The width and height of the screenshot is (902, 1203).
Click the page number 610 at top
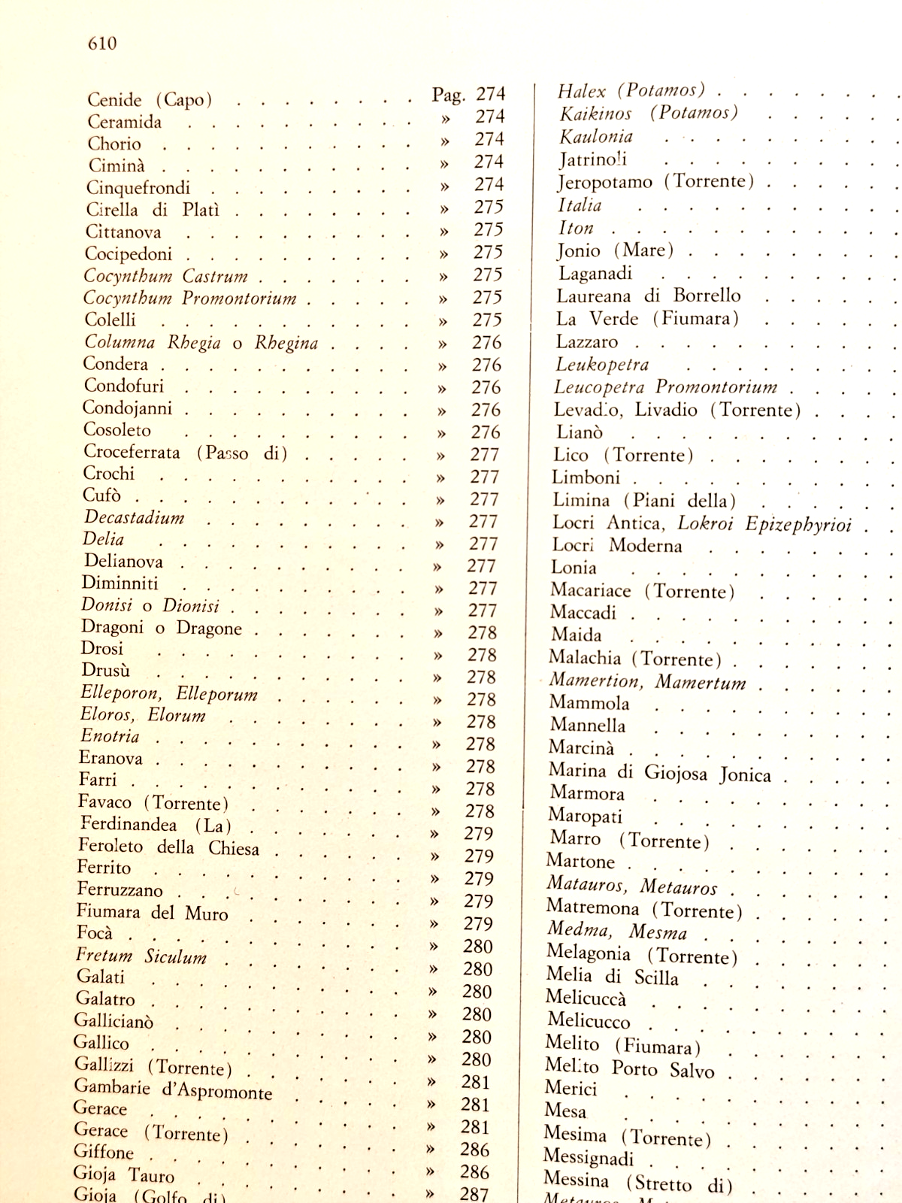(x=102, y=44)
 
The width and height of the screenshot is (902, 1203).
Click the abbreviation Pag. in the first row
(x=449, y=95)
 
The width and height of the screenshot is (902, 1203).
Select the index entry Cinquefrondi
(x=138, y=188)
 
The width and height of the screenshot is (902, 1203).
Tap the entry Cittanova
(x=123, y=232)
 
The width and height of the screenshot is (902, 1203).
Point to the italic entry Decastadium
(x=134, y=517)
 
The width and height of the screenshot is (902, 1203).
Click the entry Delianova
(x=123, y=562)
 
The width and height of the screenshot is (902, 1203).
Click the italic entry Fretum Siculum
(x=141, y=956)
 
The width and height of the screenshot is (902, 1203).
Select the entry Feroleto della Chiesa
(x=168, y=847)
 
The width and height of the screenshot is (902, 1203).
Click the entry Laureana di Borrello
(x=648, y=295)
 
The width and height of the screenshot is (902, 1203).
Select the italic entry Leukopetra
(x=601, y=365)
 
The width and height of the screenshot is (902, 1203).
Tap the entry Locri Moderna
(x=616, y=545)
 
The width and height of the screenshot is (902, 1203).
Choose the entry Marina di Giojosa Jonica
(x=659, y=772)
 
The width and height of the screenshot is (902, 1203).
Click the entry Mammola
(x=589, y=703)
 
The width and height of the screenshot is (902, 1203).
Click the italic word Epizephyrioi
(x=798, y=524)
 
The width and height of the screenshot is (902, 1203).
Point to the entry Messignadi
(x=589, y=1157)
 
